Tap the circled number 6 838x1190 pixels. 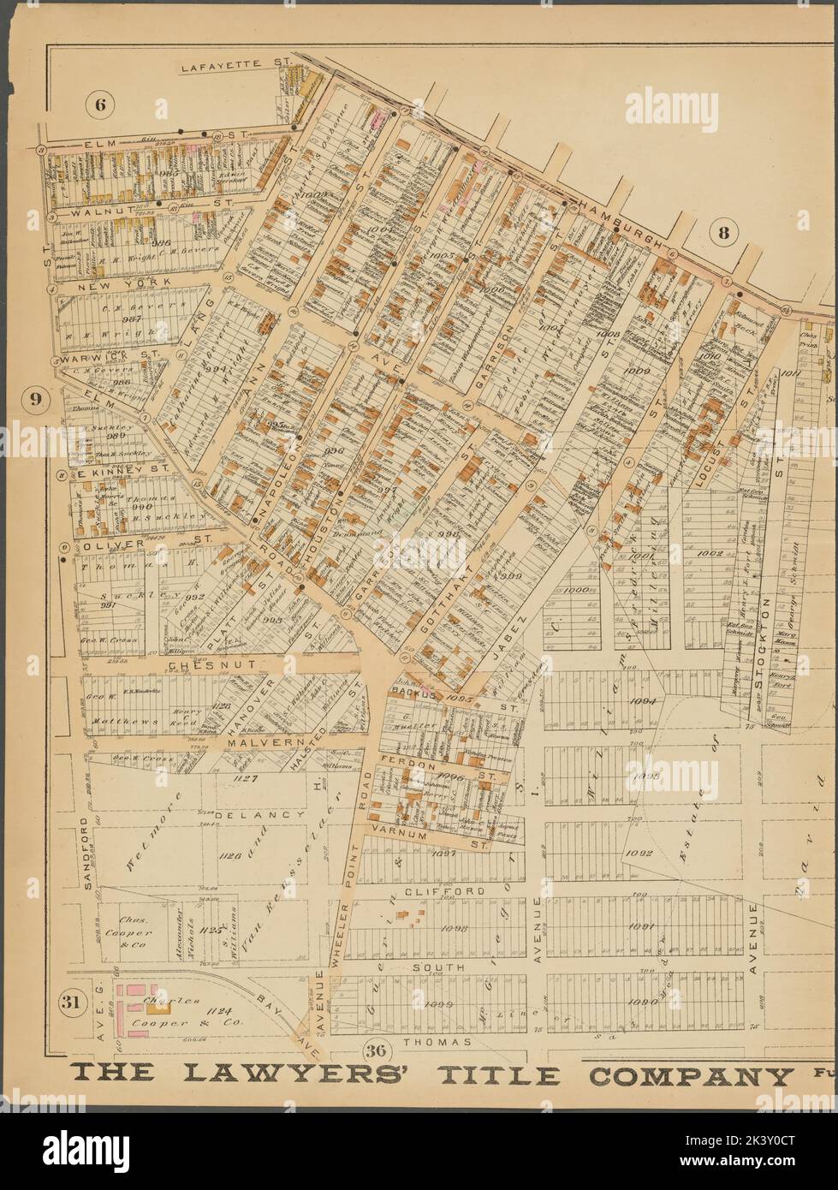99,106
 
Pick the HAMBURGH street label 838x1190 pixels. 622,224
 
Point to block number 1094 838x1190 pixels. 641,701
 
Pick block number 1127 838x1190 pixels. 246,779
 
